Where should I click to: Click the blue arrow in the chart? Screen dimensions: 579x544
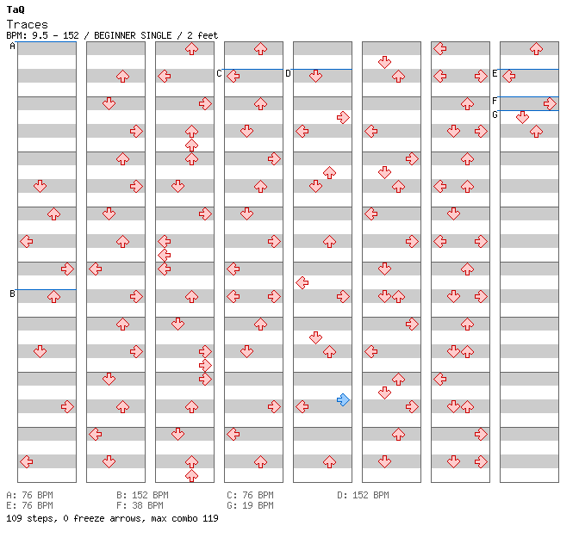coord(344,399)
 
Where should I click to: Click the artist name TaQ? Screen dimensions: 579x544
coord(16,10)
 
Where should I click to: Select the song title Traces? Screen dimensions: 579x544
coord(28,25)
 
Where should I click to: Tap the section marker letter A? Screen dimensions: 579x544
coord(12,46)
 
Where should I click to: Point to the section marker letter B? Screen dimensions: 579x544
coord(12,294)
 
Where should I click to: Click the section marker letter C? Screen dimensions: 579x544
coord(219,74)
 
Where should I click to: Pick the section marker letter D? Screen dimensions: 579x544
coord(288,74)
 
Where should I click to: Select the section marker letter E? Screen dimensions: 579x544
coord(495,74)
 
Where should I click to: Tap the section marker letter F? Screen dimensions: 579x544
coord(495,101)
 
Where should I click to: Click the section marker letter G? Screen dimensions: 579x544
coord(495,115)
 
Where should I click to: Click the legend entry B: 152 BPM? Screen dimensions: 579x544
coord(142,495)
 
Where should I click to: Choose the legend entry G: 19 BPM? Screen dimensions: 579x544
coord(250,505)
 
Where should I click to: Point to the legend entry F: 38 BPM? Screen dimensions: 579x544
coord(140,505)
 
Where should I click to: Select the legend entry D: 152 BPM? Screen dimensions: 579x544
coord(363,495)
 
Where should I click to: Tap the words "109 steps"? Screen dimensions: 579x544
coord(31,518)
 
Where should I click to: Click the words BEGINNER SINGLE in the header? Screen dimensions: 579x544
coord(133,35)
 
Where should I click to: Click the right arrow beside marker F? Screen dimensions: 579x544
coord(551,103)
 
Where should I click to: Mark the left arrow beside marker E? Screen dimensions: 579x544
coord(509,77)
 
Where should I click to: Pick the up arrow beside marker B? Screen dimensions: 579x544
coord(54,296)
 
